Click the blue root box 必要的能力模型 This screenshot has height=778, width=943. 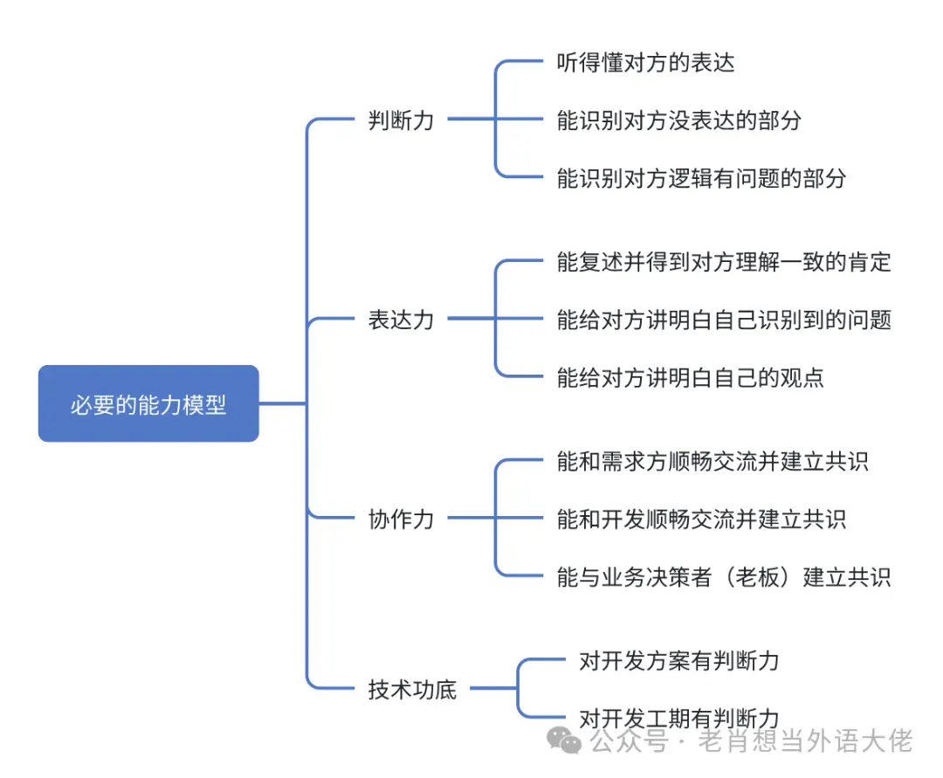(148, 404)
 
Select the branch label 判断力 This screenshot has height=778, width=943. (401, 120)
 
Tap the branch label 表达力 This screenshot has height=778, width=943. (401, 320)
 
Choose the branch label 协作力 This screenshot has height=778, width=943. (401, 519)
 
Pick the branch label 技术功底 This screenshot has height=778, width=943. (412, 689)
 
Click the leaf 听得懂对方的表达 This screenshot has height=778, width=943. (645, 63)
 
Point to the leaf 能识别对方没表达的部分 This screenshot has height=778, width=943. (678, 120)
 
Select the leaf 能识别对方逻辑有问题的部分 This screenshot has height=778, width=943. (701, 178)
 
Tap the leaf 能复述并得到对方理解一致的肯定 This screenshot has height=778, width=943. (724, 261)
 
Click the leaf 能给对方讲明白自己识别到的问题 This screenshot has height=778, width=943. (724, 320)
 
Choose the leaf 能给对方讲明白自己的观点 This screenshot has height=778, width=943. (690, 377)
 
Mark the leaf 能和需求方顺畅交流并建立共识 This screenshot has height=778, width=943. (712, 461)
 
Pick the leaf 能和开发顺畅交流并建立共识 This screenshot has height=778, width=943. (701, 519)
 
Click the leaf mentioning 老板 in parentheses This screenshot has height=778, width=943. (724, 576)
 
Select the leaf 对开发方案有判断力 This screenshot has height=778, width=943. (678, 660)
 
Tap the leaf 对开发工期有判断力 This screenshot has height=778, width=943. (678, 718)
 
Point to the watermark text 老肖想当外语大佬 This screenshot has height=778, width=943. (804, 742)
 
